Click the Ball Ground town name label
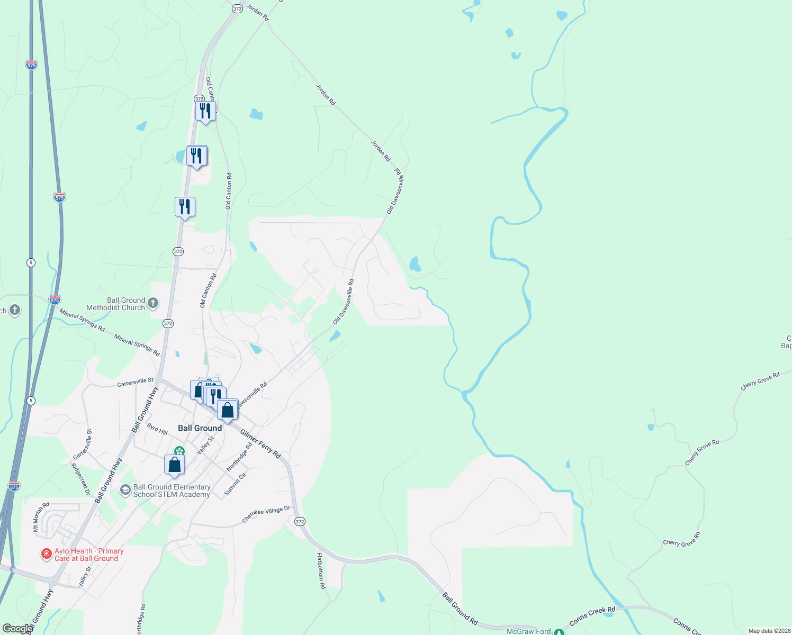click(x=200, y=428)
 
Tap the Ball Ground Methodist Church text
click(x=115, y=304)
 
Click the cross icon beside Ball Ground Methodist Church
click(x=153, y=303)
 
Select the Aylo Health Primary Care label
click(x=89, y=555)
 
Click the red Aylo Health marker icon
click(x=47, y=554)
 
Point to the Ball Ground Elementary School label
click(x=172, y=491)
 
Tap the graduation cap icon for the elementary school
click(x=125, y=490)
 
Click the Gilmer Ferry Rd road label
click(x=260, y=443)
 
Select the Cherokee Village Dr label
click(x=266, y=514)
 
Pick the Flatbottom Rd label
click(x=321, y=571)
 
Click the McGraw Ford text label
click(x=528, y=631)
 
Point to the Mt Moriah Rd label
click(x=41, y=517)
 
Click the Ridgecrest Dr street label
click(x=80, y=479)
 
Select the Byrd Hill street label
click(x=157, y=429)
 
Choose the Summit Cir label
click(x=235, y=484)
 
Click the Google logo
click(x=17, y=629)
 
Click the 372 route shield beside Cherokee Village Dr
click(x=300, y=522)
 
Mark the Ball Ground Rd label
click(x=460, y=609)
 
